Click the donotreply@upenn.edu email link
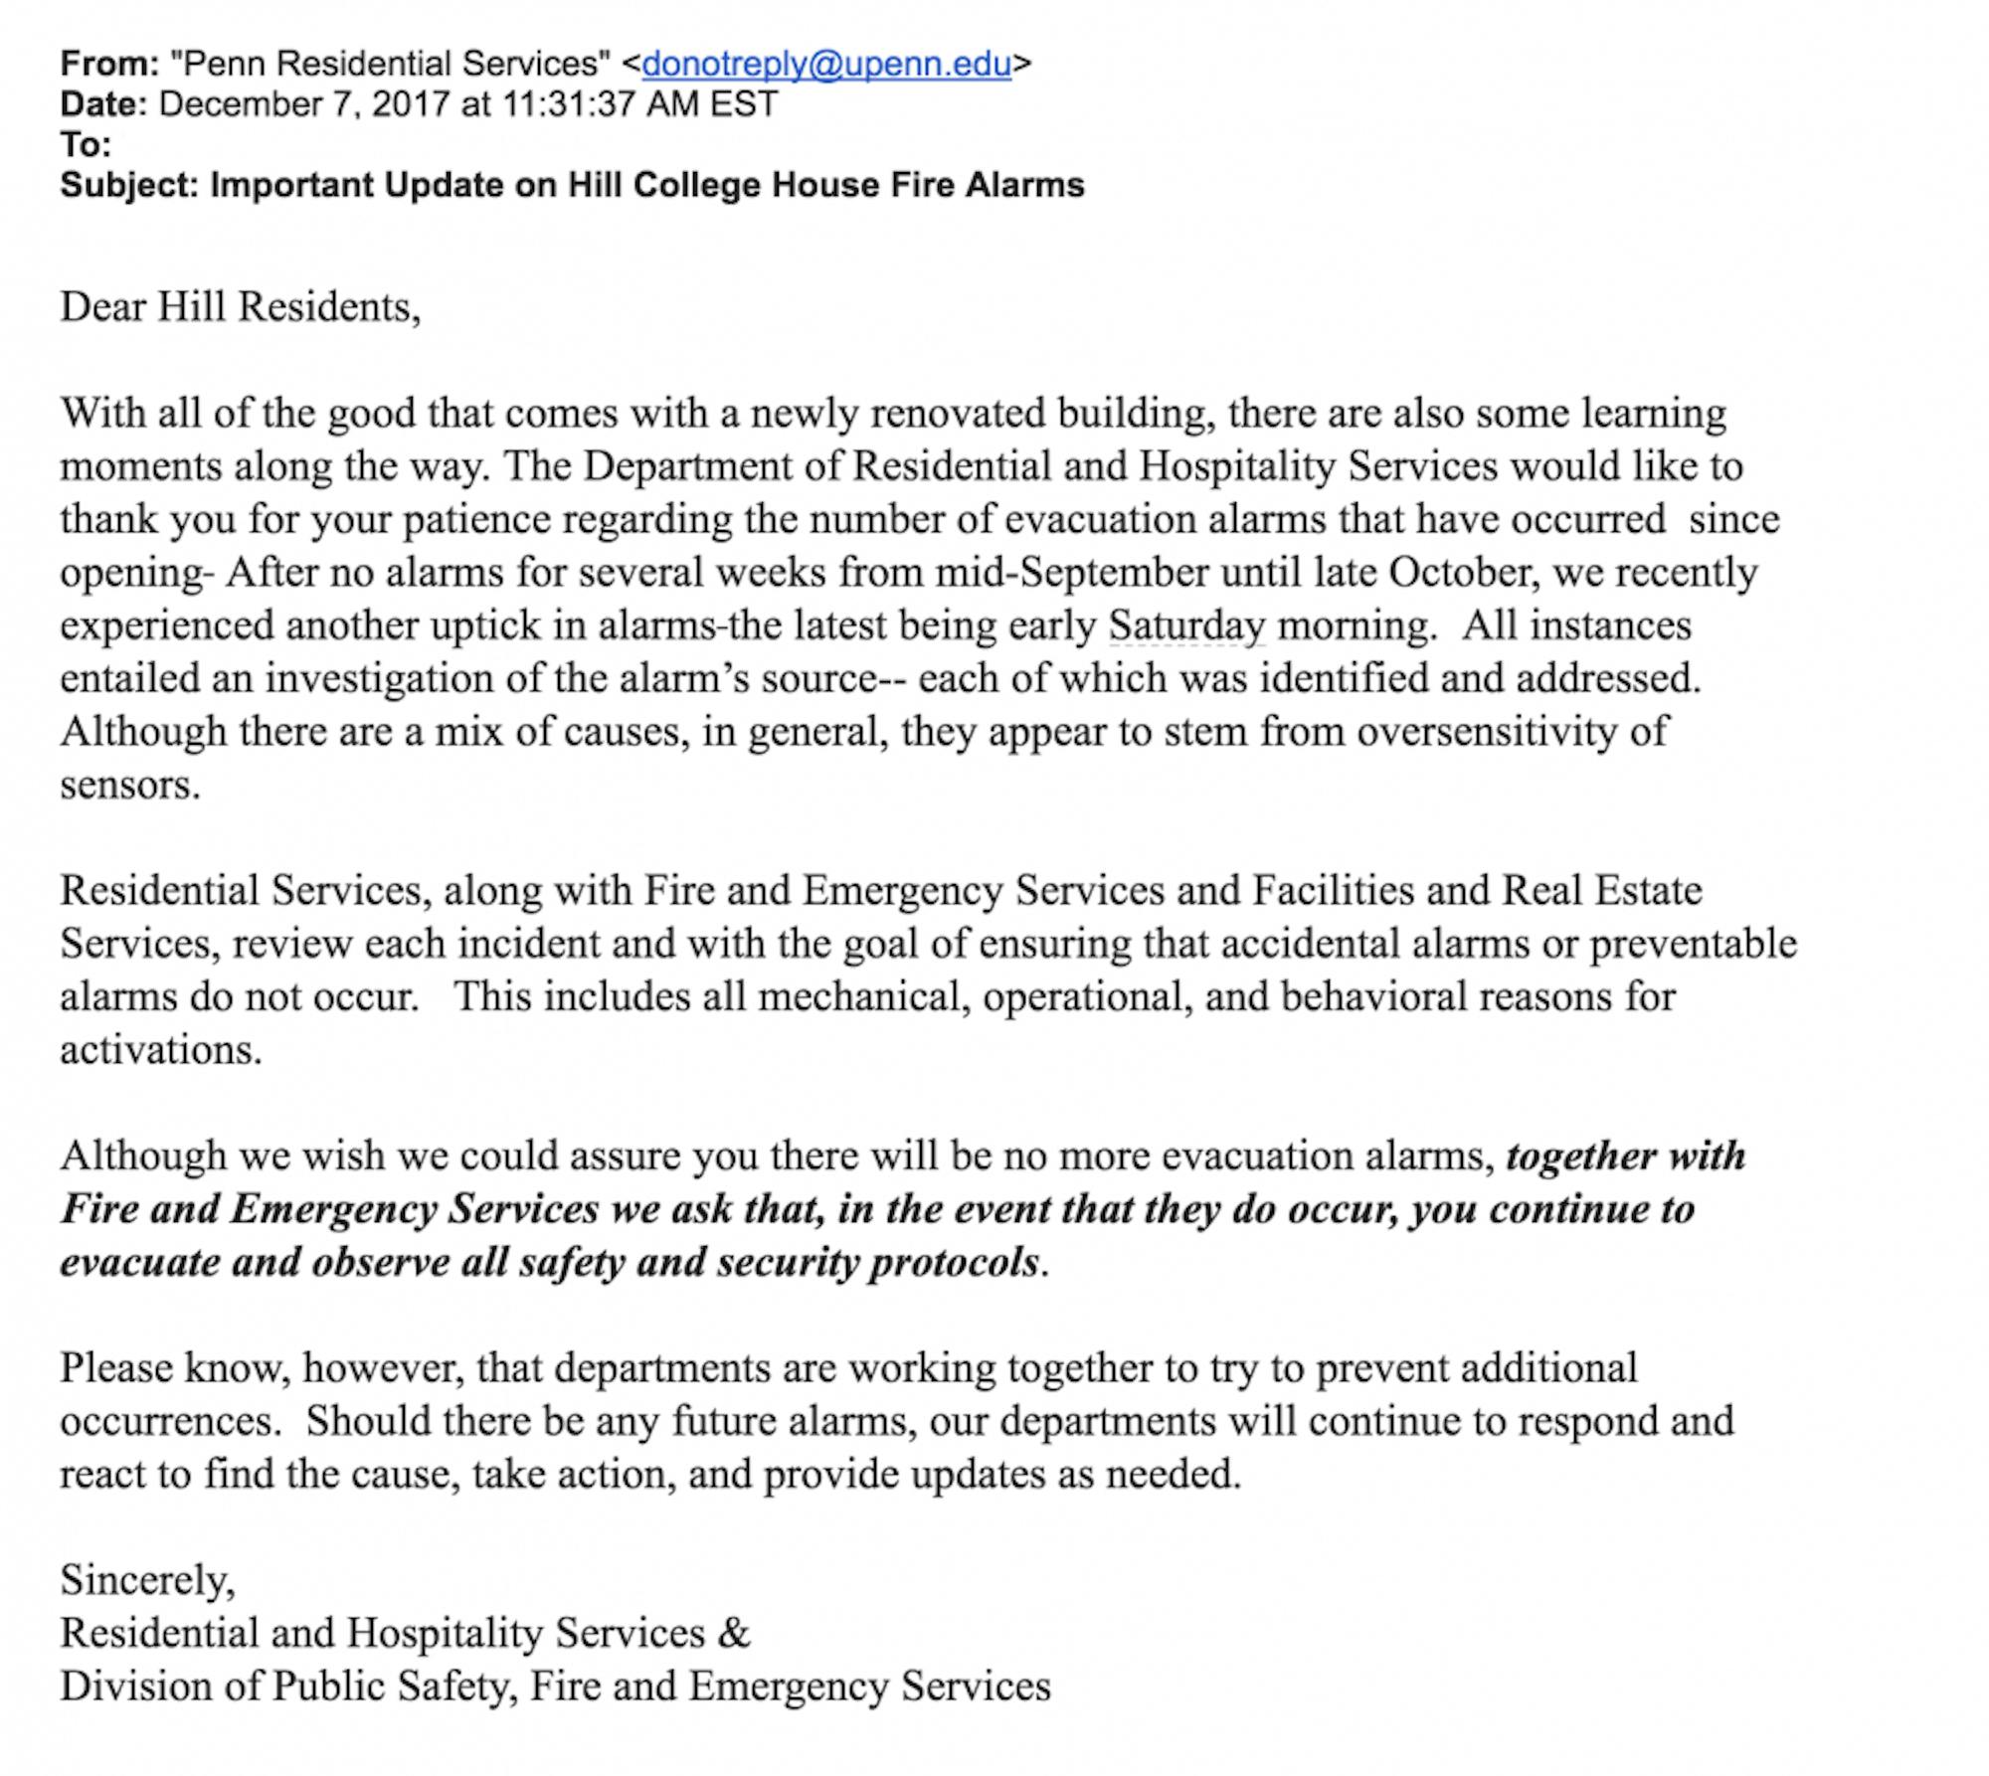point(826,64)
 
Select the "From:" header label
point(109,64)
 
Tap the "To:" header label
point(86,145)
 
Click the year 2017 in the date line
point(411,104)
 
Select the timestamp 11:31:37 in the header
point(568,104)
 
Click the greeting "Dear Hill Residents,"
point(241,306)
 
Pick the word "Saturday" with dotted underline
point(1186,625)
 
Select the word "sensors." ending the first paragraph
point(130,786)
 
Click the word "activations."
point(161,1050)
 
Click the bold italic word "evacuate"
point(140,1263)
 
